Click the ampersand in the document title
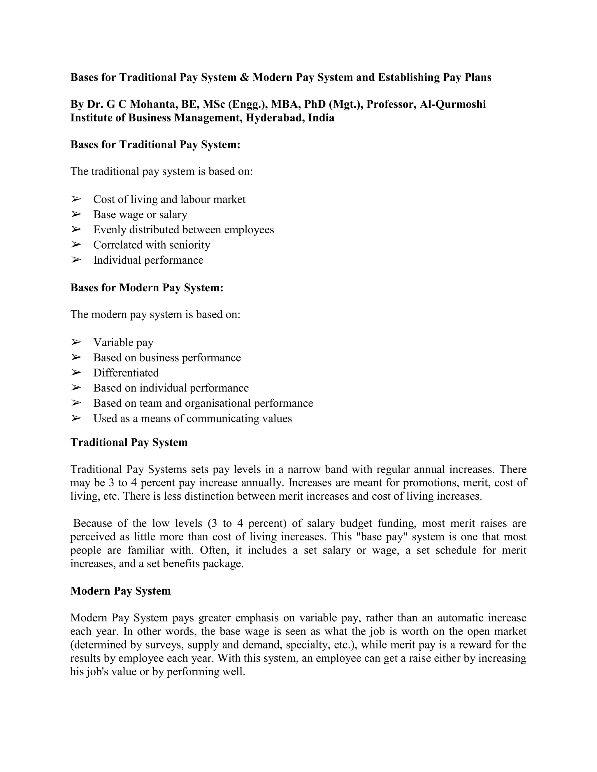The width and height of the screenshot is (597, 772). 244,77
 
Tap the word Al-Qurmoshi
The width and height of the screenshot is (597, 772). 452,104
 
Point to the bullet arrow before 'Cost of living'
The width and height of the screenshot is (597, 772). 76,199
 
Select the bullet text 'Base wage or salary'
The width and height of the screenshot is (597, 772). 140,215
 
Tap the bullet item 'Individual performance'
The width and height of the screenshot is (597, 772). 148,260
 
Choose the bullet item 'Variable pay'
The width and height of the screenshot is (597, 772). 123,343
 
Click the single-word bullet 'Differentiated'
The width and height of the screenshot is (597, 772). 126,373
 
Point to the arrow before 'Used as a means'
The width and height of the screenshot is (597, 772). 76,418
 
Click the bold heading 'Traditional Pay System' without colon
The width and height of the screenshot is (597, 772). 129,443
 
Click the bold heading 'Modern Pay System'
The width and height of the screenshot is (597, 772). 121,591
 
